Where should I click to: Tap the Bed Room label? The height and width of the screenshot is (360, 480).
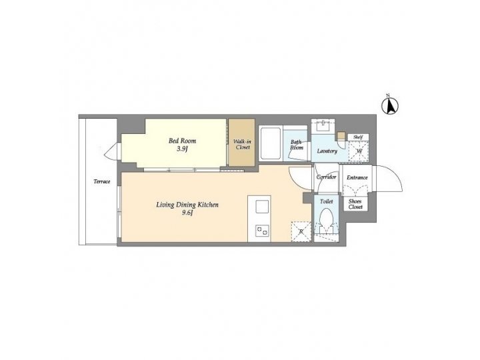click(x=182, y=141)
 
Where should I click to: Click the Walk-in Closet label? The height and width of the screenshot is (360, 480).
click(x=241, y=144)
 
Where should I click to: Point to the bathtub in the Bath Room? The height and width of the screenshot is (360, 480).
click(x=270, y=143)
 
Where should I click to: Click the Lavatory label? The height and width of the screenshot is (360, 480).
click(x=327, y=151)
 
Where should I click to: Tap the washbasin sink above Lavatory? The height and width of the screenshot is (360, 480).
click(x=325, y=125)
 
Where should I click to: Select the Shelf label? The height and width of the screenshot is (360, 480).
click(x=357, y=137)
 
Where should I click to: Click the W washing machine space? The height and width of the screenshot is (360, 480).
click(x=359, y=151)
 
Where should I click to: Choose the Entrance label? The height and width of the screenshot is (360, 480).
click(x=357, y=178)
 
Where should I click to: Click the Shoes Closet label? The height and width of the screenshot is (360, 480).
click(x=356, y=204)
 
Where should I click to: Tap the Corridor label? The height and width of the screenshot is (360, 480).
click(x=326, y=178)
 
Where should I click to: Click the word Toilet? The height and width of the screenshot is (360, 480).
click(x=326, y=201)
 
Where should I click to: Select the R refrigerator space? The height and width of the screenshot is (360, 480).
click(x=301, y=232)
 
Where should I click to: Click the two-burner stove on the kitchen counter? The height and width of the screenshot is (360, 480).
click(x=260, y=231)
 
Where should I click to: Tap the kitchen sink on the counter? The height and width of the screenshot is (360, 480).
click(x=260, y=206)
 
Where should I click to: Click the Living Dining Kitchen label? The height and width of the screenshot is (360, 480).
click(x=187, y=205)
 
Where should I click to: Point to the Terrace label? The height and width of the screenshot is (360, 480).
click(x=101, y=181)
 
